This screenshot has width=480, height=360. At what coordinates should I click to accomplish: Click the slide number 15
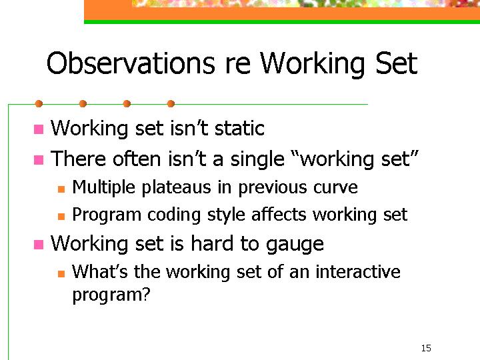click(x=426, y=348)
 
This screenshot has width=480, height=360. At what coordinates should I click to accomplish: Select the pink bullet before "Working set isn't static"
click(x=39, y=129)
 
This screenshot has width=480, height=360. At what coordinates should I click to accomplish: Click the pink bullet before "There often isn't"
click(x=39, y=159)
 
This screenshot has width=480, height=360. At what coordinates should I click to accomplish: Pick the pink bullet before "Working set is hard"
click(x=39, y=244)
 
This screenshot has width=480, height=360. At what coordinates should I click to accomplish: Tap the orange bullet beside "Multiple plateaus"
click(x=61, y=189)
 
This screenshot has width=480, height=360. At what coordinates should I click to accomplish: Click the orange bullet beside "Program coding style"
click(x=61, y=217)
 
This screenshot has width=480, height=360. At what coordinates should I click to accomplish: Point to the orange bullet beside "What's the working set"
click(x=61, y=273)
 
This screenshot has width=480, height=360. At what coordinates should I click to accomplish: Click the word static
click(x=239, y=128)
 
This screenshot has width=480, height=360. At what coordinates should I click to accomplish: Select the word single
click(x=257, y=160)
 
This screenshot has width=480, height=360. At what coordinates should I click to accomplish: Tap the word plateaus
click(x=176, y=187)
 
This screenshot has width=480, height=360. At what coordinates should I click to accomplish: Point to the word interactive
click(x=358, y=271)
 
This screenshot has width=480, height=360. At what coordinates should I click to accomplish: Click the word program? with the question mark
click(x=111, y=295)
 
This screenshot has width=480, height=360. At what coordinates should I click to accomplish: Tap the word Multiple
click(x=104, y=187)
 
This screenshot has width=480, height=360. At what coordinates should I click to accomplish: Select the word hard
click(x=212, y=243)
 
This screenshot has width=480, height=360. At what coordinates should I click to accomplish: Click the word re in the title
click(x=238, y=65)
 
